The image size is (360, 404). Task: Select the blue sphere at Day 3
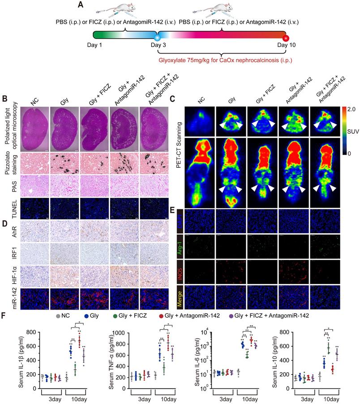tap(157, 40)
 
